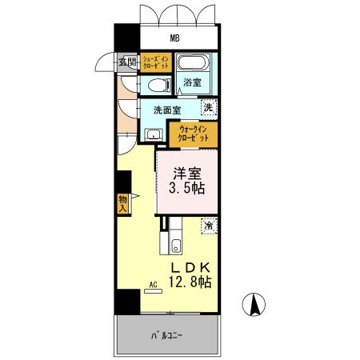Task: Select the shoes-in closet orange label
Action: tap(155, 63)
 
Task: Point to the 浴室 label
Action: tap(192, 83)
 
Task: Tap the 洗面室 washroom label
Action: tap(167, 109)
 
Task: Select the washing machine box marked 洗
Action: tap(207, 107)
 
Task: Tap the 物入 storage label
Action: tap(123, 202)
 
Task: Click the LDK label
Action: tap(189, 266)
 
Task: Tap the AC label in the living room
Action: tap(151, 284)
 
